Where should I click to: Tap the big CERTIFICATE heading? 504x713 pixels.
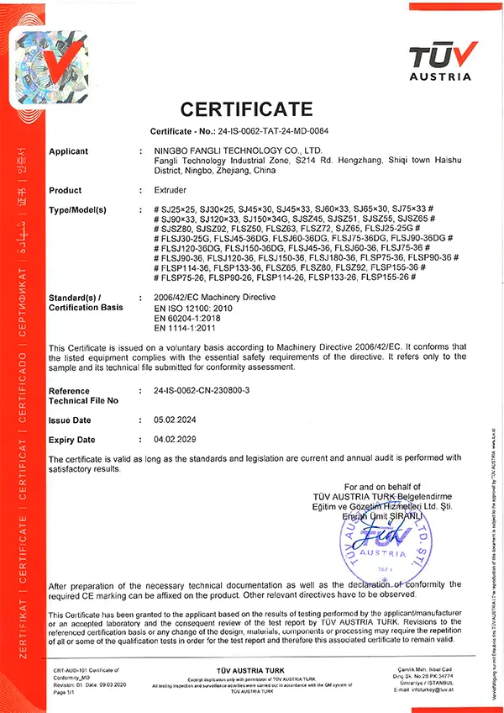(247, 109)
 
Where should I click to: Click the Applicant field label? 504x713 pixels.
(69, 151)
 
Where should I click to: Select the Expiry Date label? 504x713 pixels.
(71, 440)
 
